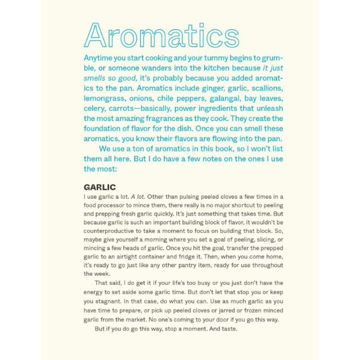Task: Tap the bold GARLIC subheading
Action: (x=100, y=187)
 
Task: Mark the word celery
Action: (x=94, y=108)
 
